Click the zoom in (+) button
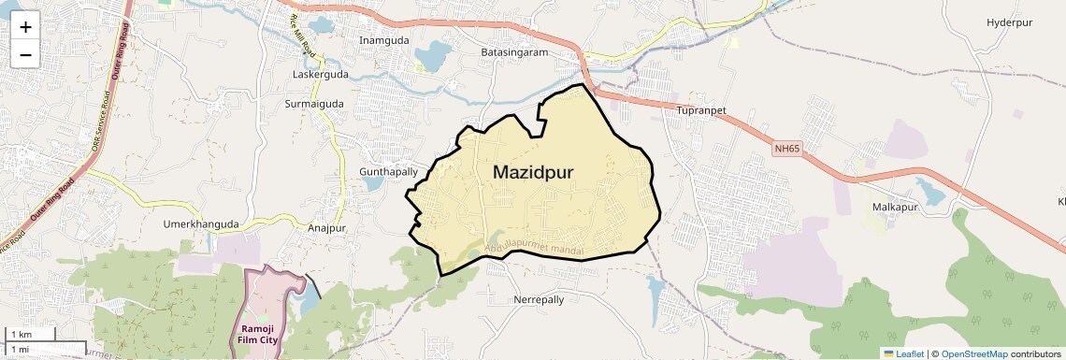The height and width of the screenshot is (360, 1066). point(25,27)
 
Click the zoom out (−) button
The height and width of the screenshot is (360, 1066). point(25,55)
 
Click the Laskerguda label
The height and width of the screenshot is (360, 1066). point(321,74)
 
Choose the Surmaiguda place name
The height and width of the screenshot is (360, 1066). point(314,104)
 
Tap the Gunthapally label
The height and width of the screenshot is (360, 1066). point(388,172)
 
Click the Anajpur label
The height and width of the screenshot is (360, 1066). point(326,227)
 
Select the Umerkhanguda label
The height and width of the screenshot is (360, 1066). point(201,224)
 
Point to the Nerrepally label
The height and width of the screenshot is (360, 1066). point(539,300)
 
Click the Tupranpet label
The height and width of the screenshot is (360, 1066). point(700,110)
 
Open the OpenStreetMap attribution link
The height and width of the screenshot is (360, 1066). point(973,353)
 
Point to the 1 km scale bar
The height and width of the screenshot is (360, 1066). point(31,334)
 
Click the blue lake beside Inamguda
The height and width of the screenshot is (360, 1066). point(432,56)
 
